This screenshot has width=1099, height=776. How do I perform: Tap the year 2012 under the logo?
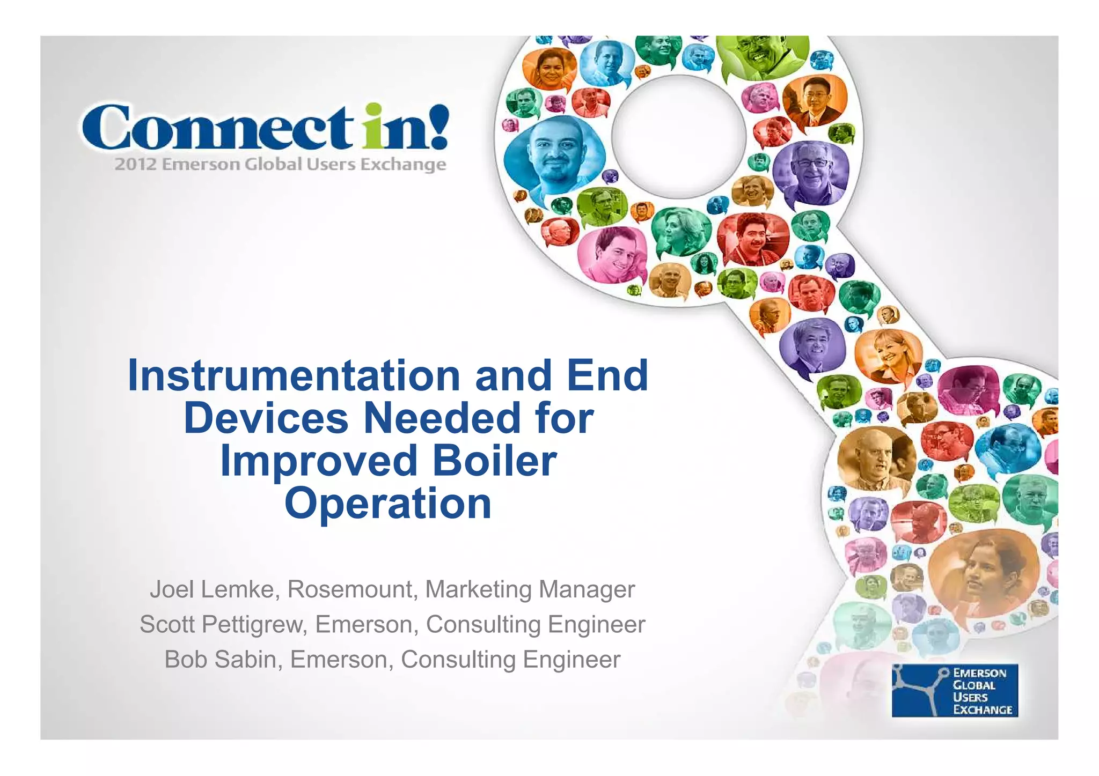[135, 164]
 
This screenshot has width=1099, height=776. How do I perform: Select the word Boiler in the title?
[495, 461]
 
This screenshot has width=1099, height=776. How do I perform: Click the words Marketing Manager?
[530, 589]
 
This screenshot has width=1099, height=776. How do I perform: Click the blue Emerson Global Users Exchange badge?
[955, 691]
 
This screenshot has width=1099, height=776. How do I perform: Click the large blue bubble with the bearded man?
[554, 156]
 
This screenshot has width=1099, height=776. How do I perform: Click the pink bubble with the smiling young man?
[613, 256]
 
